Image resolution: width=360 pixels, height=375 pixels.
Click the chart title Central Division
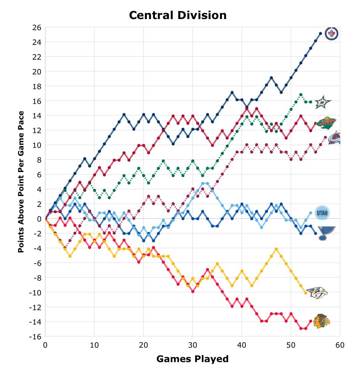(x=178, y=15)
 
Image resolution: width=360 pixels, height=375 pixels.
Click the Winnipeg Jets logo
(x=331, y=34)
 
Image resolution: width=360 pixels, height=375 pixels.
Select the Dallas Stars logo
(x=323, y=102)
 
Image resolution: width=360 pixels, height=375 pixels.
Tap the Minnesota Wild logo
(x=326, y=123)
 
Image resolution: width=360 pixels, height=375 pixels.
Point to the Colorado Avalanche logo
(x=334, y=138)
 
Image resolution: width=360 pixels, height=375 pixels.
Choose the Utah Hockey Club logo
(x=322, y=213)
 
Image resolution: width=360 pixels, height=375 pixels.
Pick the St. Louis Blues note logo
(x=326, y=233)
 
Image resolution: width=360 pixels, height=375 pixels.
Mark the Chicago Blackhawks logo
(x=322, y=321)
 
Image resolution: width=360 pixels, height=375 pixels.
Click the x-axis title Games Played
(x=192, y=359)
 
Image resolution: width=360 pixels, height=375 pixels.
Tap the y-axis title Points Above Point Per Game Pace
(x=21, y=182)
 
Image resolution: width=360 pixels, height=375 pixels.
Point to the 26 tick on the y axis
(x=37, y=27)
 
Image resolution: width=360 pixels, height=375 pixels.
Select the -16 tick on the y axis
(x=35, y=337)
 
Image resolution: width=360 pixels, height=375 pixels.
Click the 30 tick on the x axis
(x=193, y=345)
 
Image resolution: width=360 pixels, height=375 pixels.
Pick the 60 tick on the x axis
(x=340, y=345)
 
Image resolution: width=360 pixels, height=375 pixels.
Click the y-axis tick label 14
(x=37, y=116)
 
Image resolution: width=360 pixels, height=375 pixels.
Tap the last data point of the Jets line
(x=320, y=34)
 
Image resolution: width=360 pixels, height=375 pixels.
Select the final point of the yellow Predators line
(x=306, y=293)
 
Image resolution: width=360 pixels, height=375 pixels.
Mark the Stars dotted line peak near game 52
(x=301, y=95)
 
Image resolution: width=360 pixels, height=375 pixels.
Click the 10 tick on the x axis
(x=94, y=345)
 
